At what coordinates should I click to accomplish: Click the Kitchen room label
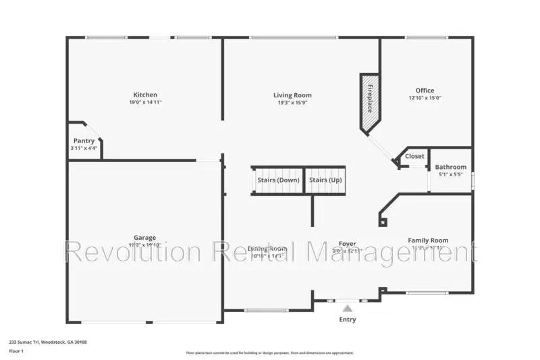145,95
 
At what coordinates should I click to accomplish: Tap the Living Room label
292,95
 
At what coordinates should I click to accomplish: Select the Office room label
425,91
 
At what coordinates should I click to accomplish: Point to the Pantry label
84,140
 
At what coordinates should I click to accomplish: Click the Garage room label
144,238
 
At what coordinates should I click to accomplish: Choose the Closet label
414,156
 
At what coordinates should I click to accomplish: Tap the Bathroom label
450,167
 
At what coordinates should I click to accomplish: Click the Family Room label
428,240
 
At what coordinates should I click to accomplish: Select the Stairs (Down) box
278,180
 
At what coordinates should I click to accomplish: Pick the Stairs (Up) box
325,180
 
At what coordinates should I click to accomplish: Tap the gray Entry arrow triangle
348,308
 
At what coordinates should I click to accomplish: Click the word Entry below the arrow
348,319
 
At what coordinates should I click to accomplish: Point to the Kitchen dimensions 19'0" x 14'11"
145,103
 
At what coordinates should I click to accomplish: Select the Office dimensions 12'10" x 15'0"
425,99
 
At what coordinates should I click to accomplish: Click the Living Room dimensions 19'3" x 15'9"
292,103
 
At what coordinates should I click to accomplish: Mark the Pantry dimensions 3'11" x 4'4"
84,148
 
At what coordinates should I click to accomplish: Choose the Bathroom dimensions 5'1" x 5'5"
450,174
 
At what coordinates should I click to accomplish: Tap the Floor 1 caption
16,351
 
